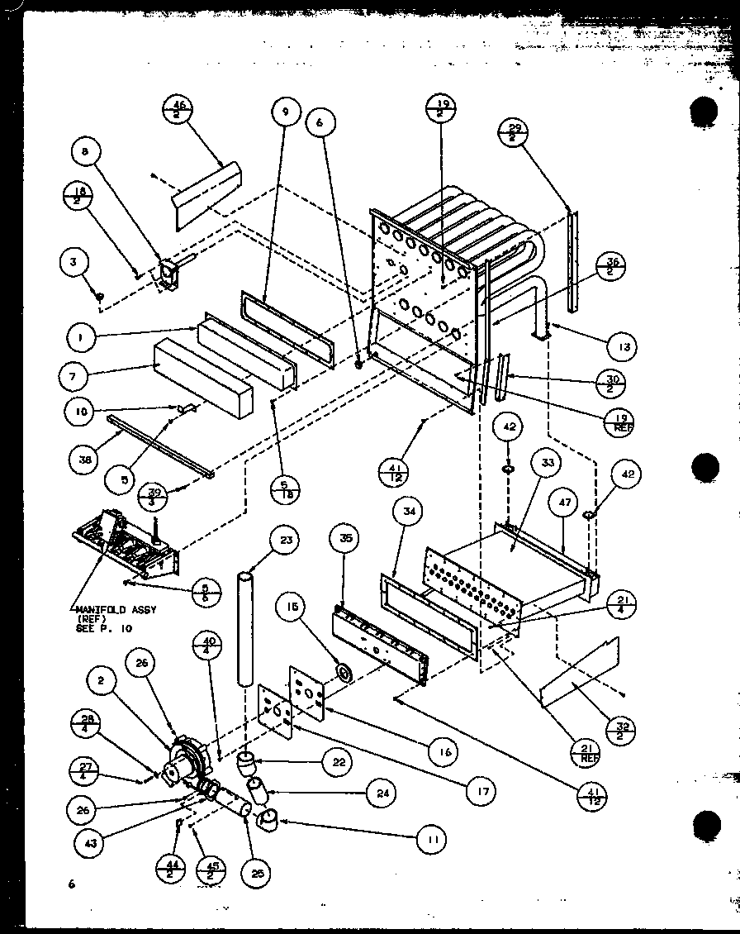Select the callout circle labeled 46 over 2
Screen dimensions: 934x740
[x=178, y=109]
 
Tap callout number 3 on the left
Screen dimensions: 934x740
[x=74, y=264]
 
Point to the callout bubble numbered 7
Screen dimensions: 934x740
[x=74, y=376]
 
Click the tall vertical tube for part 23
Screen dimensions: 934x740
[x=244, y=628]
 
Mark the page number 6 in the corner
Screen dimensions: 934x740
[x=72, y=884]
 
